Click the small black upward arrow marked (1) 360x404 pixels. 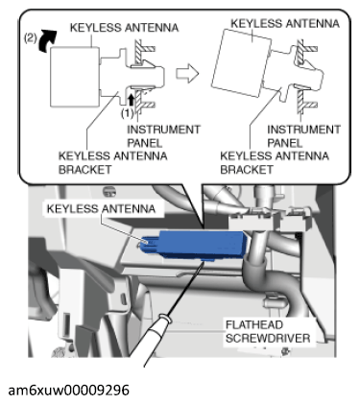coord(131,100)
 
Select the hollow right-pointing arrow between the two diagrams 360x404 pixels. coord(187,73)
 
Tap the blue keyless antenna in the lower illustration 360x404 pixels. coord(195,245)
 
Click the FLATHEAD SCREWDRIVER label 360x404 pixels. coord(268,331)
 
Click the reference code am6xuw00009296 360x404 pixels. coord(68,390)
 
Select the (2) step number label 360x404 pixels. coord(31,38)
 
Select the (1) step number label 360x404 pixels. coord(127,113)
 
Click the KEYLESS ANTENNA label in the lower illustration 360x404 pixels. coord(101,209)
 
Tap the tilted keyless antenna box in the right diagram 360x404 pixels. coord(241,63)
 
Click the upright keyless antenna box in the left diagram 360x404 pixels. coord(75,77)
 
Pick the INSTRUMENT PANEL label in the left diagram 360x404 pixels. coord(163,136)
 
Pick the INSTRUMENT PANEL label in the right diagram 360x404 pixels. coord(303,136)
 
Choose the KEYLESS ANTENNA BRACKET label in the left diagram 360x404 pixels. coord(112,162)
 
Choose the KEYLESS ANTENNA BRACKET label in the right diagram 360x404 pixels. coord(275,162)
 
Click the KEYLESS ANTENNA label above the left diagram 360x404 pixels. coord(124,28)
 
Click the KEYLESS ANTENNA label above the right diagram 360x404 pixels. coord(285,23)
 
